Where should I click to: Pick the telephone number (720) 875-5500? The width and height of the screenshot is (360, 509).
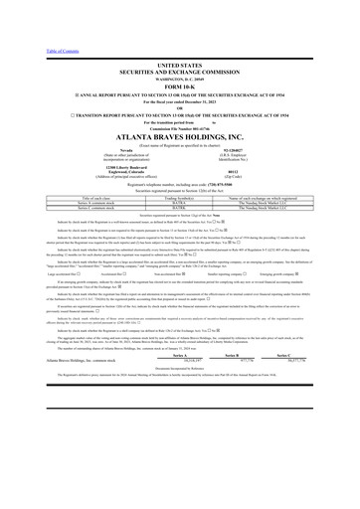click(212, 158)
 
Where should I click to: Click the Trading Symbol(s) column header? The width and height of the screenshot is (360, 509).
click(180, 171)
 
